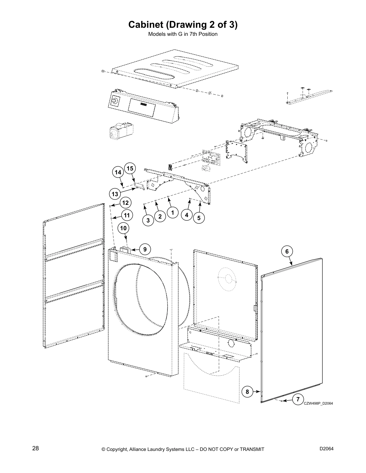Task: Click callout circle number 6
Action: (287, 251)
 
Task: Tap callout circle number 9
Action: (145, 249)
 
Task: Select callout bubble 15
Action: (130, 169)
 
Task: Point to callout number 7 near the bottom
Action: (298, 399)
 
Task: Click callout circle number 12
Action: (125, 203)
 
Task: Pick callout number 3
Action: (148, 221)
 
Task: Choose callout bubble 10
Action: (123, 228)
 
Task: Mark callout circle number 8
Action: (247, 391)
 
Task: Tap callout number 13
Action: (115, 194)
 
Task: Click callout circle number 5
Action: (199, 218)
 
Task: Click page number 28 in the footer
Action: (35, 448)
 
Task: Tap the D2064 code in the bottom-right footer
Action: (326, 449)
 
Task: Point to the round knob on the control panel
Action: (114, 101)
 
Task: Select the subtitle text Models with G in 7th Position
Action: (183, 34)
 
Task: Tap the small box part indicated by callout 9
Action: (125, 250)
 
